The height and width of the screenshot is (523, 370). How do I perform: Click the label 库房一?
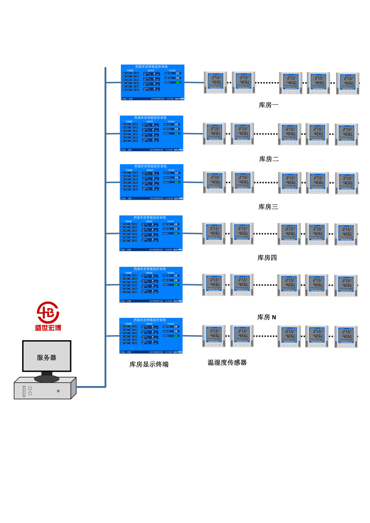[x=268, y=105]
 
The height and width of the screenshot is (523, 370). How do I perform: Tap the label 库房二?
[x=269, y=159]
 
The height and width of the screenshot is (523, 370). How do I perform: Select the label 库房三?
[x=268, y=207]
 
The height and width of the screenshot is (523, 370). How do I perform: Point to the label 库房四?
[x=267, y=258]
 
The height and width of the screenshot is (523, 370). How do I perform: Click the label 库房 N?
[x=267, y=317]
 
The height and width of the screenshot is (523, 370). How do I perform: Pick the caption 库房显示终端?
[x=149, y=364]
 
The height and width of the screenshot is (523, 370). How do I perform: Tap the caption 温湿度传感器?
[x=227, y=362]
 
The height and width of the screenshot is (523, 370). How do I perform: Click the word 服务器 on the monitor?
[x=47, y=358]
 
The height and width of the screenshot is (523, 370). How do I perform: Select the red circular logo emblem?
[x=48, y=313]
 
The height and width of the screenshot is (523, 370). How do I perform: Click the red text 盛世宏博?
[x=48, y=327]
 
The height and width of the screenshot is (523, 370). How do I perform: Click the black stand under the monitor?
[x=47, y=378]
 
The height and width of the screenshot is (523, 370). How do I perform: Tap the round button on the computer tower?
[x=58, y=391]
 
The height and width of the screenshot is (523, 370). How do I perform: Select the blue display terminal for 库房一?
[x=153, y=82]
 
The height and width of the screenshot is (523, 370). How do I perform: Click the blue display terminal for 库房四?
[x=151, y=233]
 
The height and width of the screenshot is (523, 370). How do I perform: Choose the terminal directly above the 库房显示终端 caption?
[x=151, y=336]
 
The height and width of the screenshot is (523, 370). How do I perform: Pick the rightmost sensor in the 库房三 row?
[x=347, y=183]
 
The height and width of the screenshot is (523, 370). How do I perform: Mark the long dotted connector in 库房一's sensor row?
[x=267, y=82]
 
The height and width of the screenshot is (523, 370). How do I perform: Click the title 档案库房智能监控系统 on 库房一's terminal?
[x=153, y=67]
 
